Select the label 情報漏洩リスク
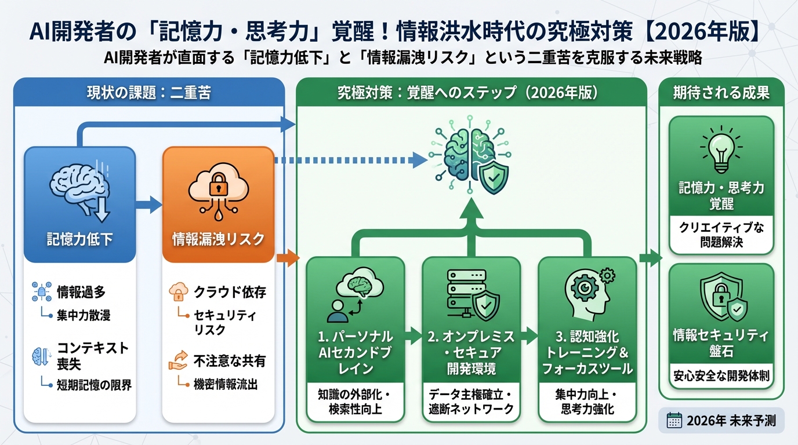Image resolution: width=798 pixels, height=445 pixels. coord(218,238)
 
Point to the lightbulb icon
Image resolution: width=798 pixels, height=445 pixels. coord(721,149)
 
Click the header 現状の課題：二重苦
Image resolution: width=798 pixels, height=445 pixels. coord(148,93)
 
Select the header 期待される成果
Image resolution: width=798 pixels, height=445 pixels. coord(721,93)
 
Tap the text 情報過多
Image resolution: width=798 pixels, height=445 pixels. coord(81,292)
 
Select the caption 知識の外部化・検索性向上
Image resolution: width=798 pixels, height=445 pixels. coord(356,402)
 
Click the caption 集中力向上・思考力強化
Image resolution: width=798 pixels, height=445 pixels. coord(587,402)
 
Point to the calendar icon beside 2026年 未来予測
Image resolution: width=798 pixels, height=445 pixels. coord(674,420)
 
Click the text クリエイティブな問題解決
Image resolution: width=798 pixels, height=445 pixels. coord(721,234)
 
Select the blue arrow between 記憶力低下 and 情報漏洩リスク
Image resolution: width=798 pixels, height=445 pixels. coord(149,204)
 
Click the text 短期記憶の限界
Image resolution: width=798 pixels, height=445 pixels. coord(95,385)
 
